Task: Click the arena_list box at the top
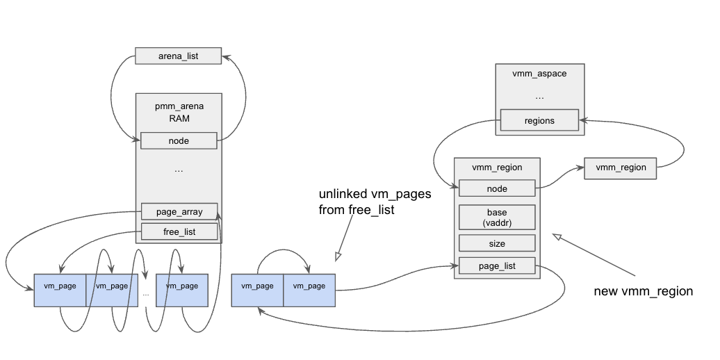pyautogui.click(x=178, y=56)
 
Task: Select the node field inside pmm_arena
pyautogui.click(x=179, y=141)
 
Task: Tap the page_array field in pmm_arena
pyautogui.click(x=179, y=211)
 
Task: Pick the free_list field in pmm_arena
pyautogui.click(x=179, y=231)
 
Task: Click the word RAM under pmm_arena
pyautogui.click(x=179, y=118)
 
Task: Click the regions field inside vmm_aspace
pyautogui.click(x=539, y=120)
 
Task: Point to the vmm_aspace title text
pyautogui.click(x=539, y=74)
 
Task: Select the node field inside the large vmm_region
pyautogui.click(x=497, y=188)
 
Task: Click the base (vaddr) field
pyautogui.click(x=497, y=217)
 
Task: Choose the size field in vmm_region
pyautogui.click(x=497, y=243)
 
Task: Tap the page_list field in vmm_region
pyautogui.click(x=497, y=265)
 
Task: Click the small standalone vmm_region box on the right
pyautogui.click(x=620, y=167)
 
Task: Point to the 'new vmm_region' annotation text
pyautogui.click(x=643, y=291)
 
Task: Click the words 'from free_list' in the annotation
pyautogui.click(x=357, y=209)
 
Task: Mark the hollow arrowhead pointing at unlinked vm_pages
pyautogui.click(x=338, y=256)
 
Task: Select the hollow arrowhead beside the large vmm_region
pyautogui.click(x=557, y=238)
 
